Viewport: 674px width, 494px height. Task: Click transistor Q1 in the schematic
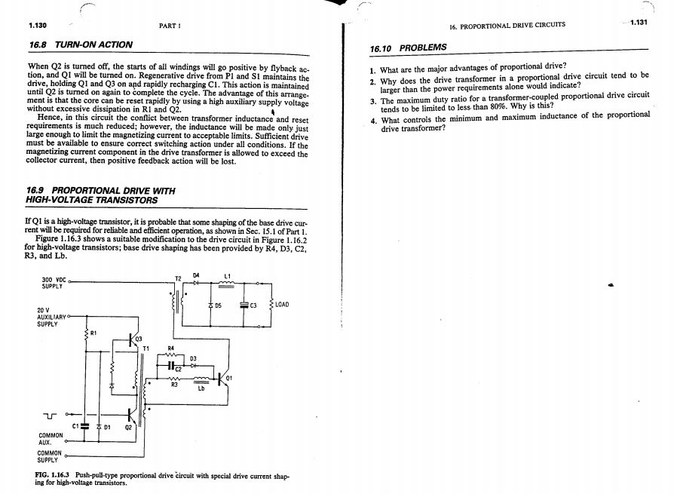click(x=222, y=379)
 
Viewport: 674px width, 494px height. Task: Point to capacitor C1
click(x=84, y=425)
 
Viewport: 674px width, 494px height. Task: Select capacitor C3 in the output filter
click(x=244, y=305)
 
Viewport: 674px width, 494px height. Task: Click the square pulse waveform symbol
click(x=49, y=414)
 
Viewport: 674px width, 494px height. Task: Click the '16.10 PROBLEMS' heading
click(x=408, y=47)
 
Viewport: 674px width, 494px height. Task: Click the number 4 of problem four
click(x=373, y=120)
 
